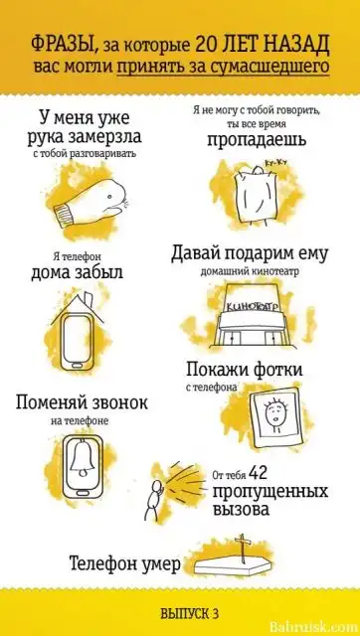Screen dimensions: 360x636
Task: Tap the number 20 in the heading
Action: click(x=208, y=46)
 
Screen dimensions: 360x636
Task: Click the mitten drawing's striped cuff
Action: click(x=64, y=212)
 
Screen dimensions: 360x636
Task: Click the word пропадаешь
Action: click(x=257, y=139)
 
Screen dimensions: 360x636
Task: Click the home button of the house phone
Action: click(x=80, y=366)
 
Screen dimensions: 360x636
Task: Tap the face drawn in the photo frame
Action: click(x=270, y=413)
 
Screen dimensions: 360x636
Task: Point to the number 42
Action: click(x=257, y=472)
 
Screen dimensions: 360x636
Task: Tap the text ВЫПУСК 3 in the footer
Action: click(x=190, y=613)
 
